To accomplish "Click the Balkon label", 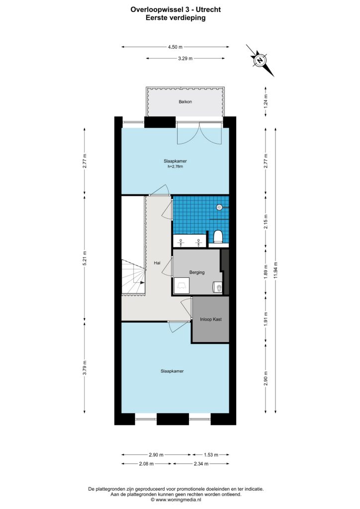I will [x=185, y=102].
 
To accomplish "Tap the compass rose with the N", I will [x=260, y=61].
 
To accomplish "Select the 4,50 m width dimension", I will [x=175, y=47].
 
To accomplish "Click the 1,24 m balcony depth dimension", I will [x=266, y=101].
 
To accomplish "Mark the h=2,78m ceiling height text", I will [x=175, y=167].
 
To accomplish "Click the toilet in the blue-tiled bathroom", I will [x=217, y=236].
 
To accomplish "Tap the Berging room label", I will [x=197, y=272].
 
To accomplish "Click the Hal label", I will [x=157, y=264].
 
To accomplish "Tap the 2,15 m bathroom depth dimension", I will [x=266, y=220].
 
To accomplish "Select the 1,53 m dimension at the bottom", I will [x=210, y=455].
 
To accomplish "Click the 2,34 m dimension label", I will [x=200, y=464].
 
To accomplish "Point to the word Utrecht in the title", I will [x=208, y=9].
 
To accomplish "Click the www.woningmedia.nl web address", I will [x=184, y=501].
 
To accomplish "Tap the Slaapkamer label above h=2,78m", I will [x=175, y=161].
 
